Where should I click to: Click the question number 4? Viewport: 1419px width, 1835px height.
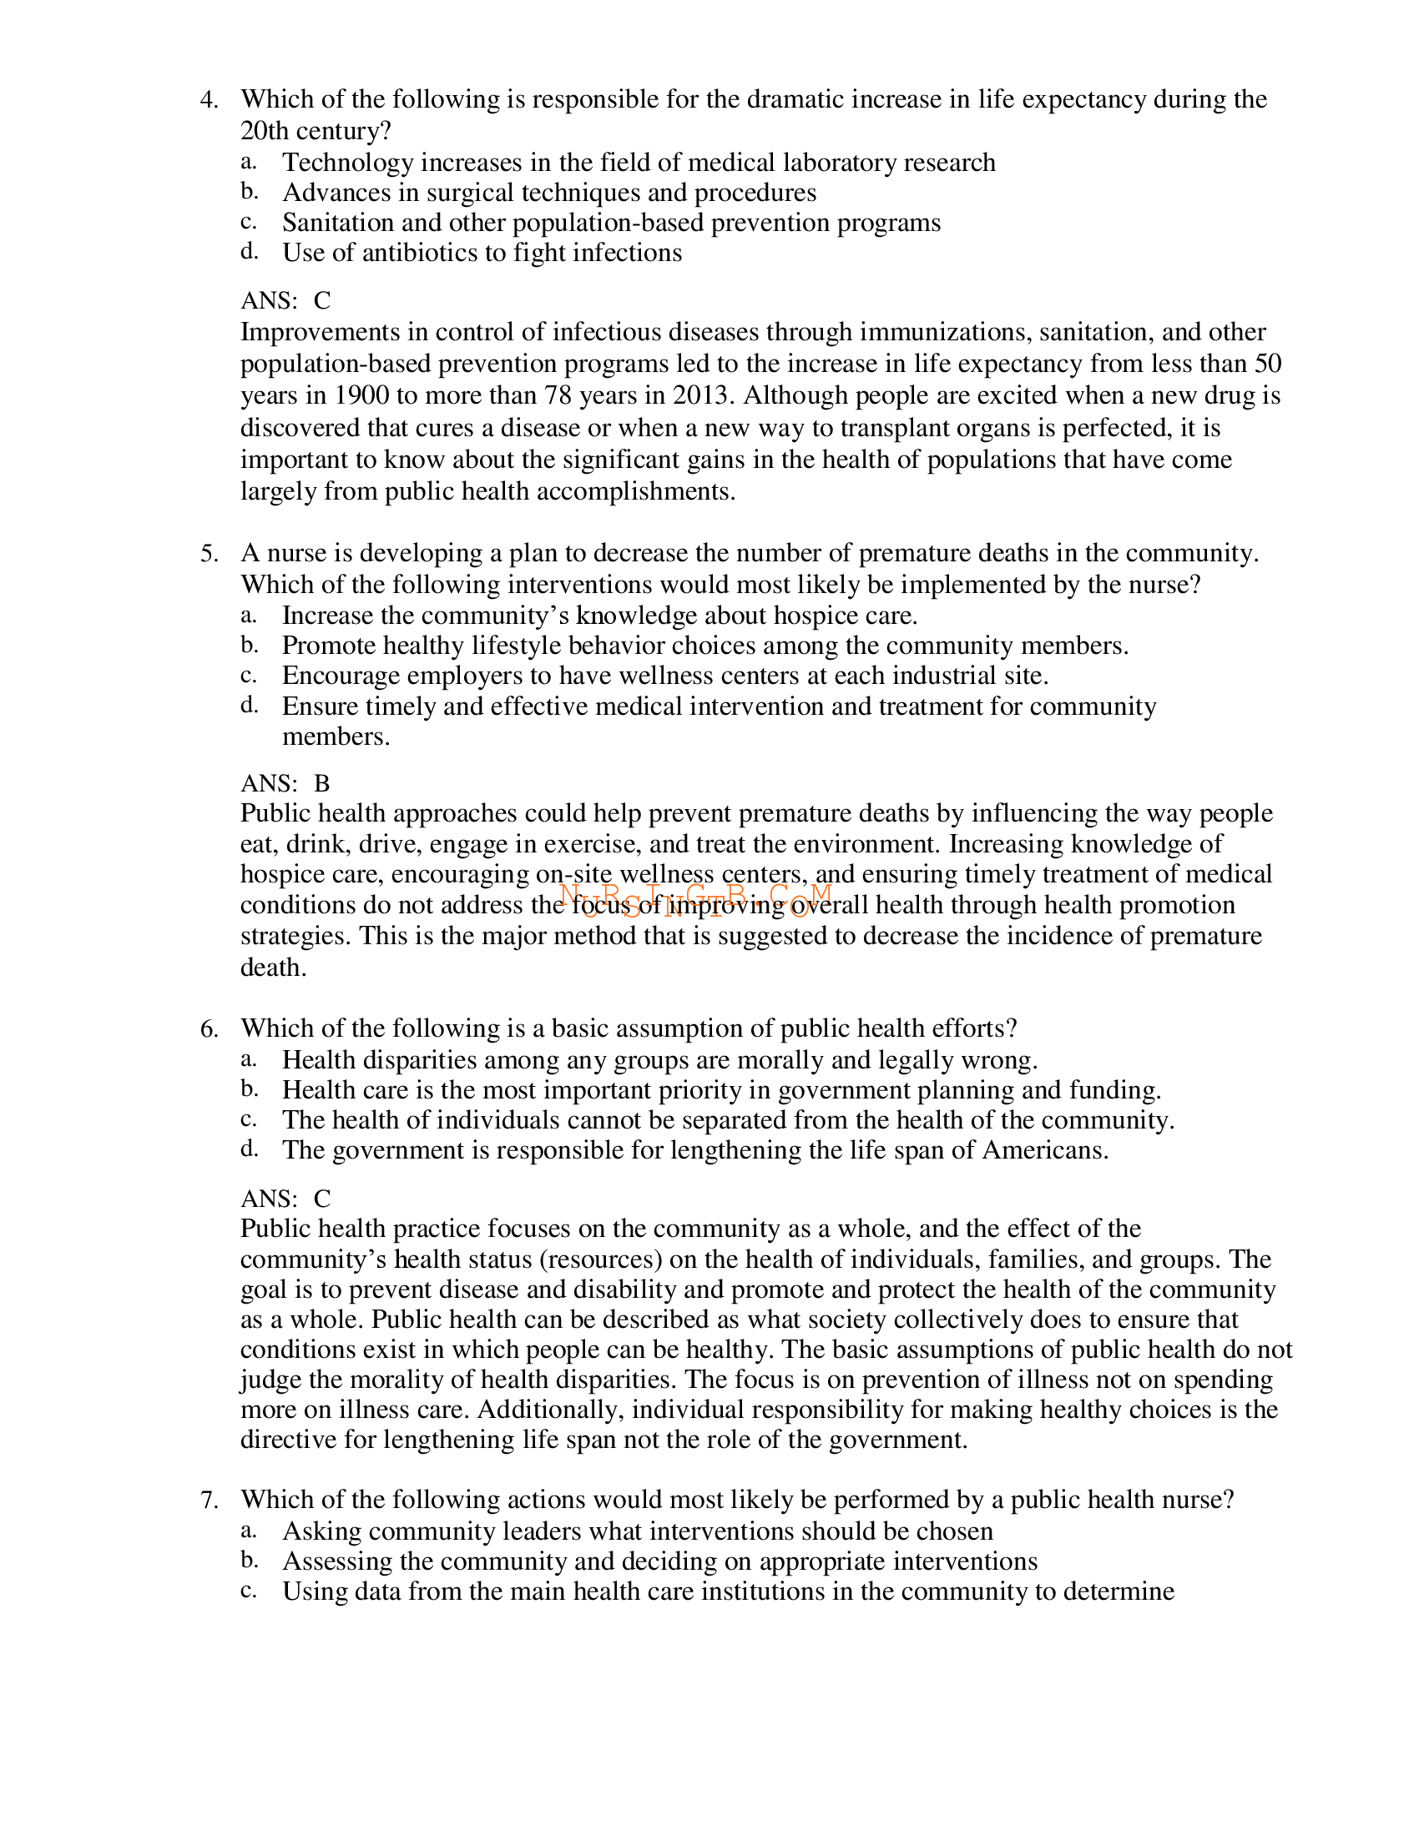click(x=209, y=100)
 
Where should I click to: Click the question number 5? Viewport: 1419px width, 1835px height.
click(x=209, y=554)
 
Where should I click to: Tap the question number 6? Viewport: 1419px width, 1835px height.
click(x=209, y=1029)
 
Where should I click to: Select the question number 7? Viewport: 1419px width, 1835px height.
click(x=209, y=1500)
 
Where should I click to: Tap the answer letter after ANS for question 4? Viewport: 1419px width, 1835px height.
click(x=322, y=301)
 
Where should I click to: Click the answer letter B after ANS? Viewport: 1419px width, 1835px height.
click(x=322, y=784)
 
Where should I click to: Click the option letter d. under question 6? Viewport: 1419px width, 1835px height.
click(x=249, y=1149)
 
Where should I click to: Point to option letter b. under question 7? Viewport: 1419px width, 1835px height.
click(x=249, y=1561)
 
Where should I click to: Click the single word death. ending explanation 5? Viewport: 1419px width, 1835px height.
click(x=273, y=968)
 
